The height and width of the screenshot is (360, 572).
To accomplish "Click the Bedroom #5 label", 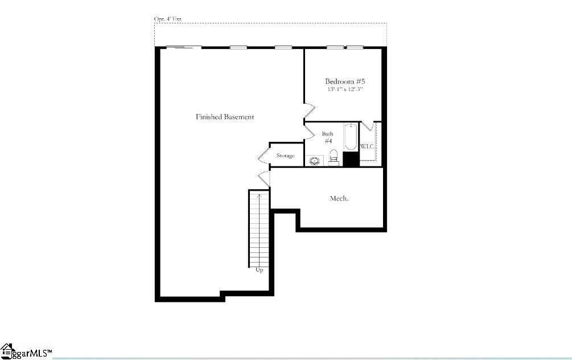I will click(344, 81).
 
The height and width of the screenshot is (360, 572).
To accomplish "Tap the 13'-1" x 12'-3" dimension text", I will click(344, 89).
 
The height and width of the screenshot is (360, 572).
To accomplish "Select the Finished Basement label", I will click(225, 117).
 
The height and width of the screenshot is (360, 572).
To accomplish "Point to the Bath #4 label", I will click(328, 137).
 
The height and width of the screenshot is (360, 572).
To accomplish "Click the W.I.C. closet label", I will click(367, 147).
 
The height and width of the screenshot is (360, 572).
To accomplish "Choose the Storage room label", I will click(285, 156).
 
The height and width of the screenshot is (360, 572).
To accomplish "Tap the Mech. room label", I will click(339, 198).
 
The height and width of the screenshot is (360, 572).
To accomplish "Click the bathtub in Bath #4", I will click(351, 137).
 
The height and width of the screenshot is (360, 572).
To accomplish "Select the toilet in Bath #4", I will click(334, 156).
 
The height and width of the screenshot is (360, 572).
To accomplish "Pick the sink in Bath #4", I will click(314, 161).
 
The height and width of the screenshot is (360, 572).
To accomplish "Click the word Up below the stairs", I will click(259, 270).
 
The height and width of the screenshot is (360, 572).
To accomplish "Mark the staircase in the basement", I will click(258, 228).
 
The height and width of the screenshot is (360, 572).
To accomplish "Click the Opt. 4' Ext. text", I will click(168, 19).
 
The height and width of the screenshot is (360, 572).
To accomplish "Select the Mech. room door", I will click(264, 178).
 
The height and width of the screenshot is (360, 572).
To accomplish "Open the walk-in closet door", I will click(367, 126).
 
